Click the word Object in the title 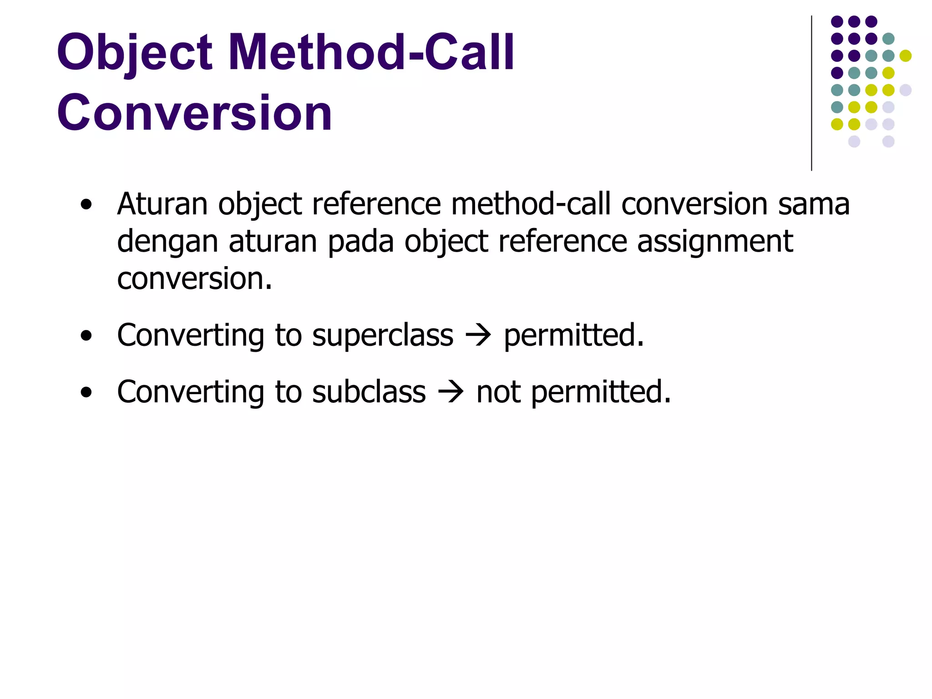coord(135,53)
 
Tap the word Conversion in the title coord(194,112)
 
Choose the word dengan coord(167,242)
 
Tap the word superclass coord(383,335)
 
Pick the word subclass coord(369,392)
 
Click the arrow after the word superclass coord(478,336)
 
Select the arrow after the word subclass coord(451,392)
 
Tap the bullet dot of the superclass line coord(86,337)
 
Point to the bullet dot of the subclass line coord(86,393)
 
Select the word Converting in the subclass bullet coord(190,392)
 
